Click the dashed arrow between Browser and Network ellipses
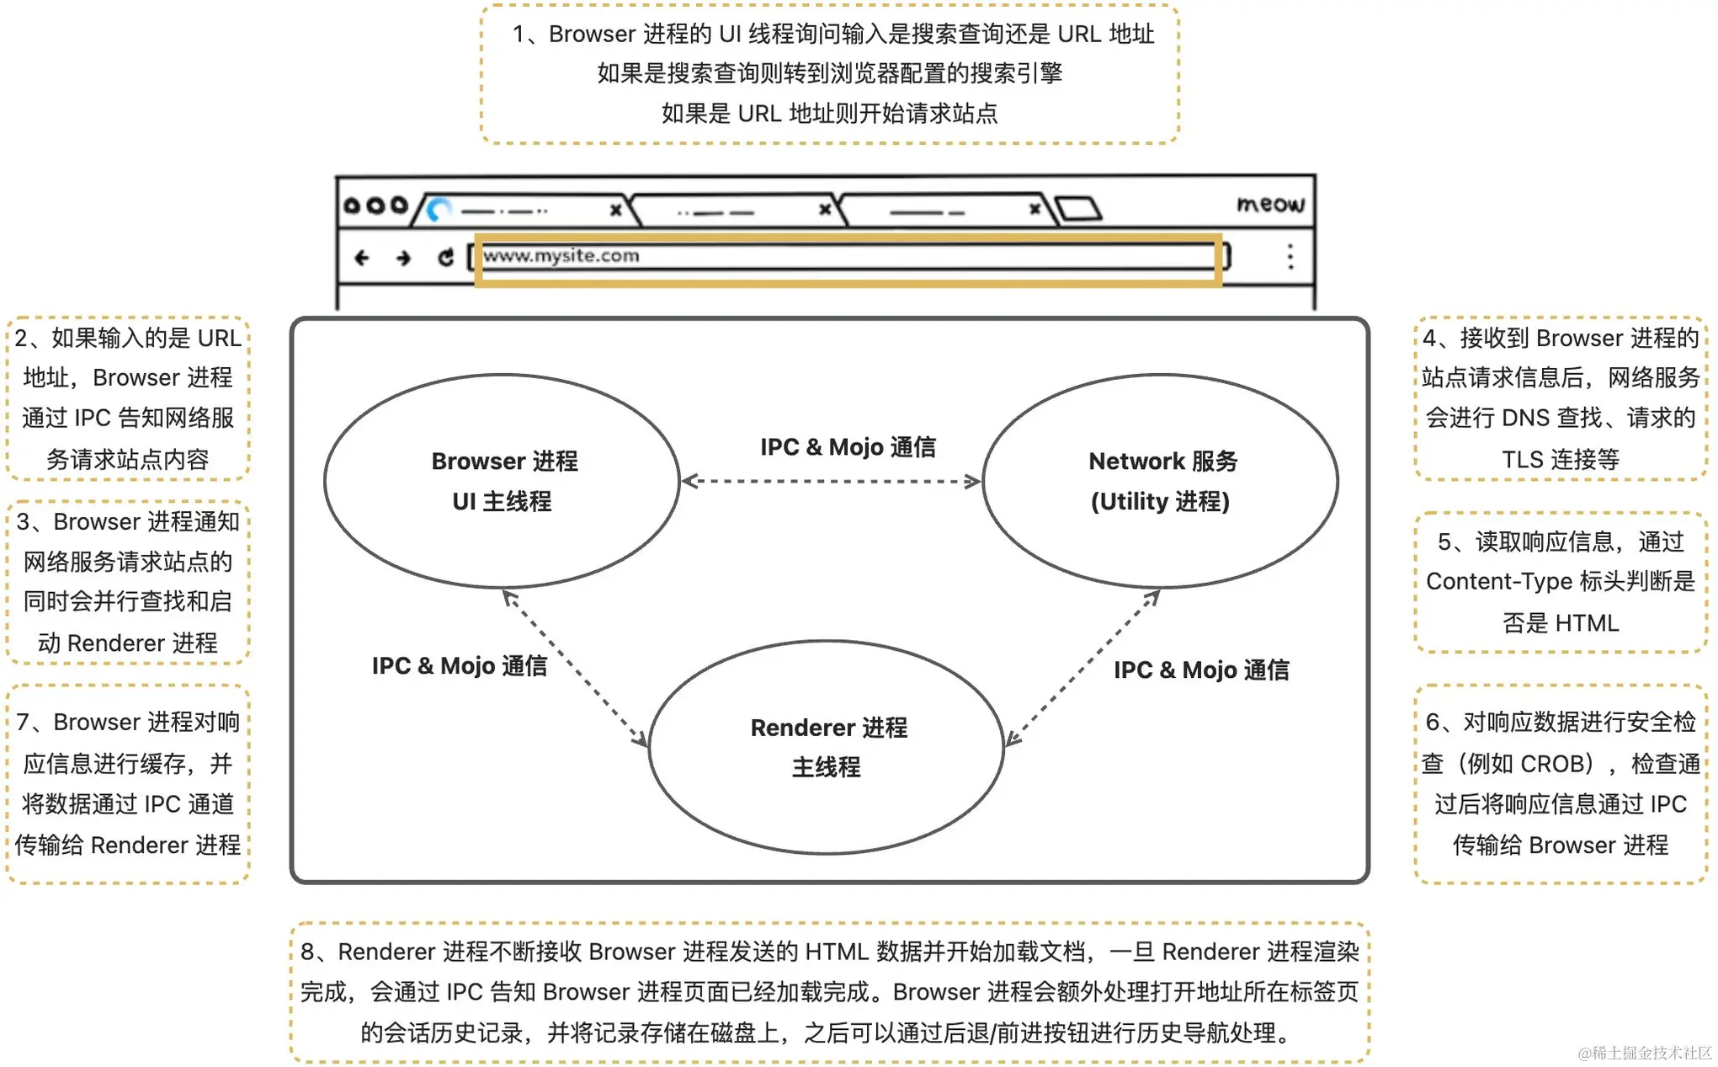(831, 482)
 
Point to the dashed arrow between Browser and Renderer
(575, 669)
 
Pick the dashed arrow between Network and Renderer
(1083, 668)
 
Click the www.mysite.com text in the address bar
(561, 255)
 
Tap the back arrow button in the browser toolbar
(362, 258)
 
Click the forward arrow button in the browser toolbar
(403, 258)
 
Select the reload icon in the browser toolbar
(445, 257)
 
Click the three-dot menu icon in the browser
(1290, 256)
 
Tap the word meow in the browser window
(1270, 204)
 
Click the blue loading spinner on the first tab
(439, 209)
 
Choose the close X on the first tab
(615, 210)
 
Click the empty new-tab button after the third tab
(1078, 208)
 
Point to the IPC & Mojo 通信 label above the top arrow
(848, 447)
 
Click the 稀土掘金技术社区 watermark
(1646, 1053)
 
